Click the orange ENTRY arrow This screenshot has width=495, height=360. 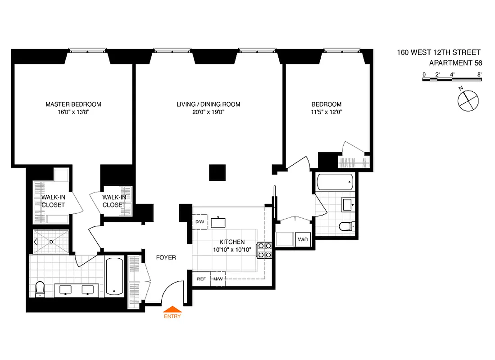pyautogui.click(x=173, y=309)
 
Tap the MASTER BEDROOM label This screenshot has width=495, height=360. pyautogui.click(x=73, y=104)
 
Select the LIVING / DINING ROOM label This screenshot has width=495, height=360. pyautogui.click(x=208, y=104)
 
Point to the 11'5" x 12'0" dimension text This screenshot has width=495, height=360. pyautogui.click(x=325, y=112)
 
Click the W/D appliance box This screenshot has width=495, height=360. pyautogui.click(x=303, y=239)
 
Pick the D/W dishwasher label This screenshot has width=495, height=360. pyautogui.click(x=200, y=222)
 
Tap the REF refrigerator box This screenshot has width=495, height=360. pyautogui.click(x=201, y=279)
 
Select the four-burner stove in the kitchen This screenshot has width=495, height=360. pyautogui.click(x=264, y=250)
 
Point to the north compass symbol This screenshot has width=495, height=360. pyautogui.click(x=467, y=99)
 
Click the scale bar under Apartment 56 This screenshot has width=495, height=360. pyautogui.click(x=452, y=80)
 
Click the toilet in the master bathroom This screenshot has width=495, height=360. pyautogui.click(x=40, y=289)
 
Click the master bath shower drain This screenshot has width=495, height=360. pyautogui.click(x=51, y=242)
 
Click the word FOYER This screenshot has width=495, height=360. pyautogui.click(x=166, y=258)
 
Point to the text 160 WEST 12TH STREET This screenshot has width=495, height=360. pyautogui.click(x=438, y=53)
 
